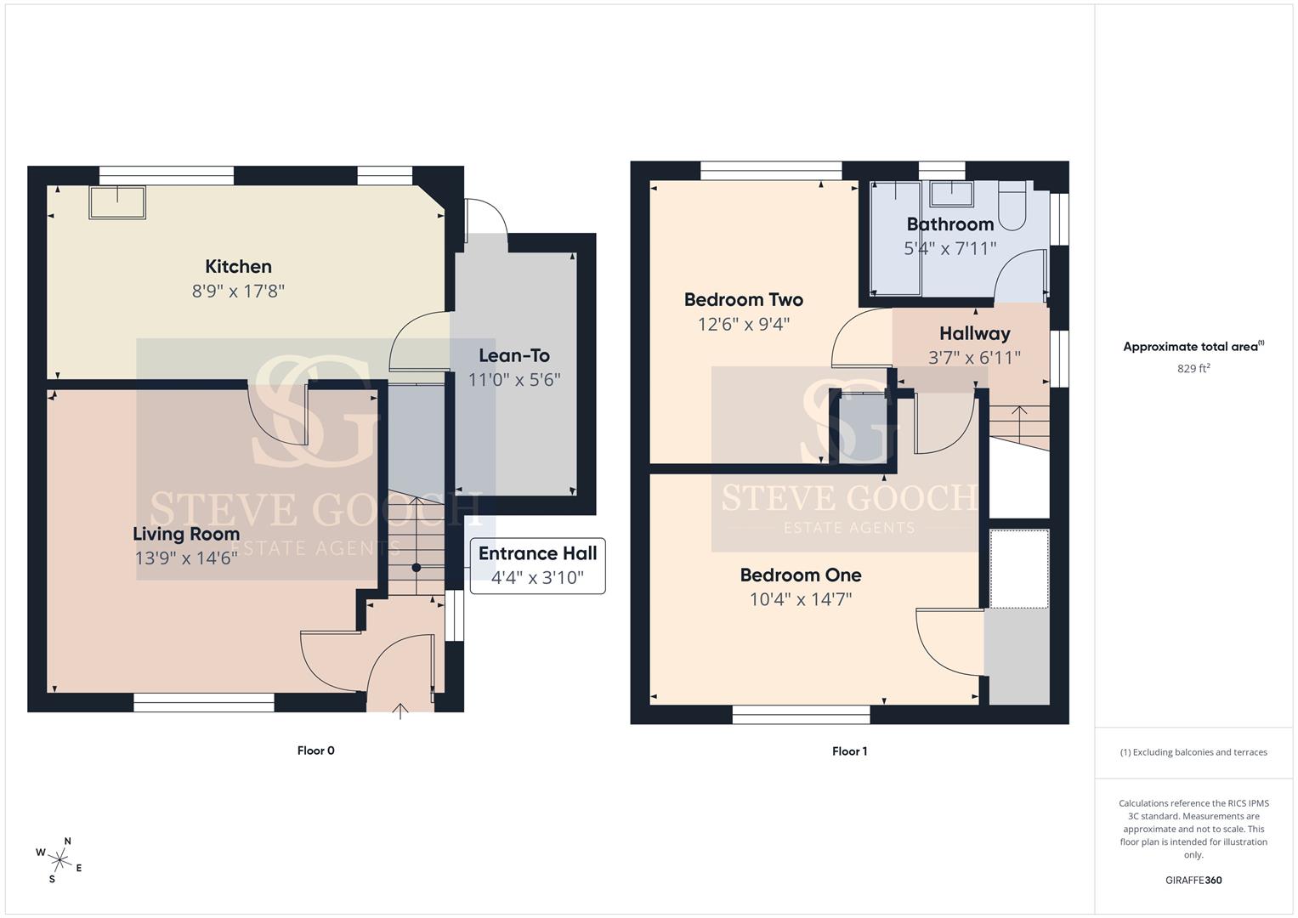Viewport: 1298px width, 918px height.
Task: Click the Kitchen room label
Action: coord(238,267)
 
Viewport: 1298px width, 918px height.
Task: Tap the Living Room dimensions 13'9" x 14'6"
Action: coord(186,558)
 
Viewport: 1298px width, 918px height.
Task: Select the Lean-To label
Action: coord(514,355)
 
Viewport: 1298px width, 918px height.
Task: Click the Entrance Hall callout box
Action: coord(538,565)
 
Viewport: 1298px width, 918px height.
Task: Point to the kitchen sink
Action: coord(117,202)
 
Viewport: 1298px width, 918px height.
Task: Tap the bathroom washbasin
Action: coord(951,194)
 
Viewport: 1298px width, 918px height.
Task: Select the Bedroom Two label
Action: coord(744,299)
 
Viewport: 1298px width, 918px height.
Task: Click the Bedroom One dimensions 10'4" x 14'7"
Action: coord(801,599)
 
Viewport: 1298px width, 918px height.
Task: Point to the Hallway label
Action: coord(975,333)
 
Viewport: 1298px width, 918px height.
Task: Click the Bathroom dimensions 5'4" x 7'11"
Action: coord(950,248)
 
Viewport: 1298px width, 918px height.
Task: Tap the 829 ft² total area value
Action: coord(1193,368)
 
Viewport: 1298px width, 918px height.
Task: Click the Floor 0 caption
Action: coord(316,751)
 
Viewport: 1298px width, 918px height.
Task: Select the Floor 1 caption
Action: coord(849,751)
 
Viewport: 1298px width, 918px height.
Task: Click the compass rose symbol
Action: coord(60,860)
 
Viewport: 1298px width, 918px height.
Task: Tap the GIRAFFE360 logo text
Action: coord(1193,880)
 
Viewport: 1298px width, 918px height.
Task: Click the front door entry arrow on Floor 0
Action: coord(400,711)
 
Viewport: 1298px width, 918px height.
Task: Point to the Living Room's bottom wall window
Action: coord(204,703)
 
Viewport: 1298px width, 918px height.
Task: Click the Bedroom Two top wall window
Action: coord(771,170)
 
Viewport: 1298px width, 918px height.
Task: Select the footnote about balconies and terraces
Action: coord(1193,752)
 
